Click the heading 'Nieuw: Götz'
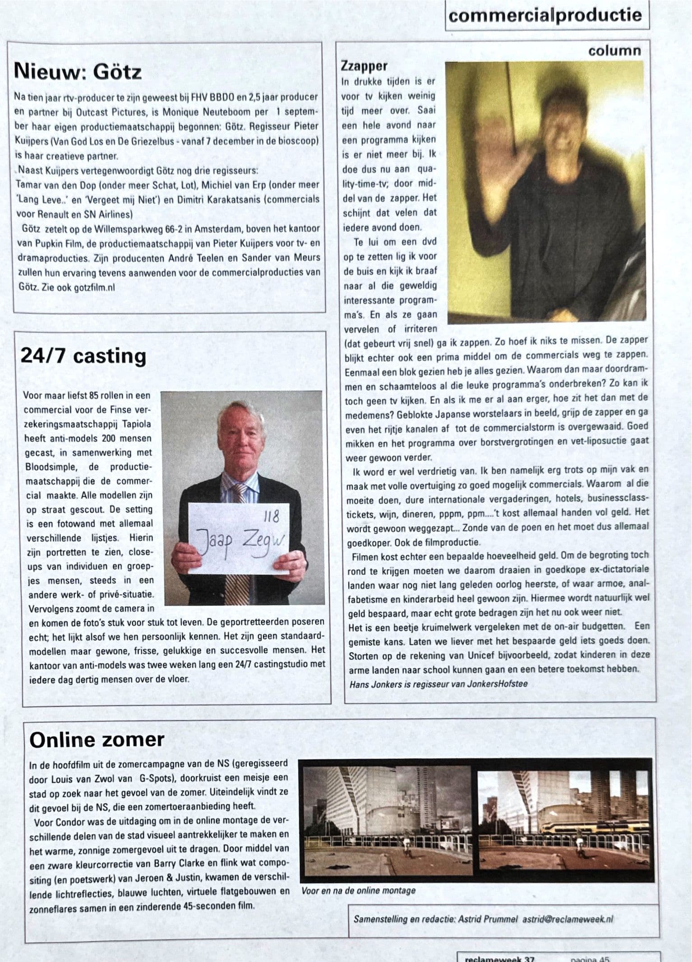(x=78, y=72)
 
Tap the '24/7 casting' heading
(x=83, y=356)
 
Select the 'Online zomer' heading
(x=97, y=740)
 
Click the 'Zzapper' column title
(x=364, y=66)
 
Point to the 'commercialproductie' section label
(x=545, y=16)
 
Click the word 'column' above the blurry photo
(x=614, y=51)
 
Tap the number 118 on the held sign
(x=271, y=516)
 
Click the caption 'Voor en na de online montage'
(x=358, y=891)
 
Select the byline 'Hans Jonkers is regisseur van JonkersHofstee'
(x=438, y=684)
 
